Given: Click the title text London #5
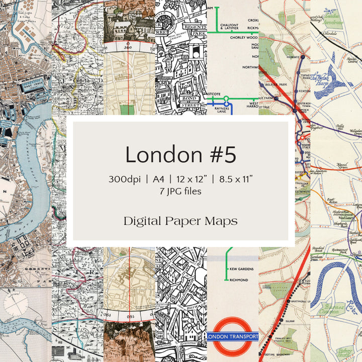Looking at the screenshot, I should click(180, 154).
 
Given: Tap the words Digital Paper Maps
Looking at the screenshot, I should click(180, 221).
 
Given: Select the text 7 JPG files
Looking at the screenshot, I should click(180, 191).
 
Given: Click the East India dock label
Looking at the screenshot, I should click(32, 84).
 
